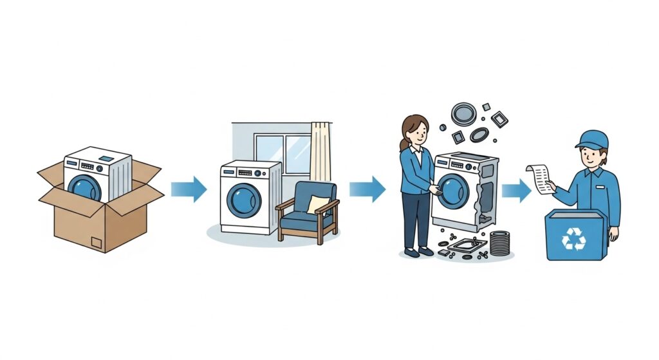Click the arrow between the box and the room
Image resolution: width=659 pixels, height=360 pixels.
pyautogui.click(x=189, y=189)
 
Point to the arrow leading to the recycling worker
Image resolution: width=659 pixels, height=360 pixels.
pyautogui.click(x=516, y=189)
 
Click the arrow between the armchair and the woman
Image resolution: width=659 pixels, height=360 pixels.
pyautogui.click(x=367, y=189)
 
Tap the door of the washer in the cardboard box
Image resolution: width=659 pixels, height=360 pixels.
pyautogui.click(x=86, y=187)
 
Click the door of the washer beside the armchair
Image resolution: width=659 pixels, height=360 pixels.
pyautogui.click(x=245, y=200)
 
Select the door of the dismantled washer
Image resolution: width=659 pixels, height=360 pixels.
pyautogui.click(x=452, y=191)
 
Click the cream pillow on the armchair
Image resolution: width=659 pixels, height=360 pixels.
pyautogui.click(x=317, y=205)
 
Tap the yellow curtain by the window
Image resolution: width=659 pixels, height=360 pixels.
pyautogui.click(x=320, y=155)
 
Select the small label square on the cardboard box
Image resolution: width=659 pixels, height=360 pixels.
pyautogui.click(x=97, y=243)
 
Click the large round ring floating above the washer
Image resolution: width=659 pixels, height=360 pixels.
pyautogui.click(x=463, y=114)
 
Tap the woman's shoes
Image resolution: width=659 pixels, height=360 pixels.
pyautogui.click(x=417, y=252)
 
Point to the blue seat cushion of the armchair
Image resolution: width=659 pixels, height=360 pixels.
pyautogui.click(x=307, y=220)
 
